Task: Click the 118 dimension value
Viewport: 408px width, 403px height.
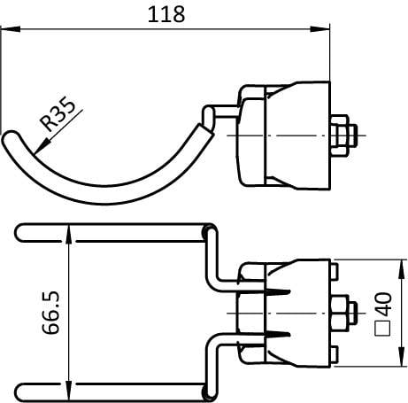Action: pyautogui.click(x=166, y=14)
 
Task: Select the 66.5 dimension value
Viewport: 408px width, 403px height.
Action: pyautogui.click(x=50, y=313)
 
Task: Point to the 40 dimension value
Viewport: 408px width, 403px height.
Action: pyautogui.click(x=384, y=304)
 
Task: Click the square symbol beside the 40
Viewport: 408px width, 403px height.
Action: pyautogui.click(x=383, y=328)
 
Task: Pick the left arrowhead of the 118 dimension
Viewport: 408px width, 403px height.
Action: pyautogui.click(x=10, y=29)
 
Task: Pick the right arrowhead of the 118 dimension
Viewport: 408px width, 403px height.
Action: pyautogui.click(x=319, y=29)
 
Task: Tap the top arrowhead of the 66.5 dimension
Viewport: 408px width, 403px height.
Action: pyautogui.click(x=68, y=234)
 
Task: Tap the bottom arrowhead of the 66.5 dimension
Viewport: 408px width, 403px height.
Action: pyautogui.click(x=68, y=391)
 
